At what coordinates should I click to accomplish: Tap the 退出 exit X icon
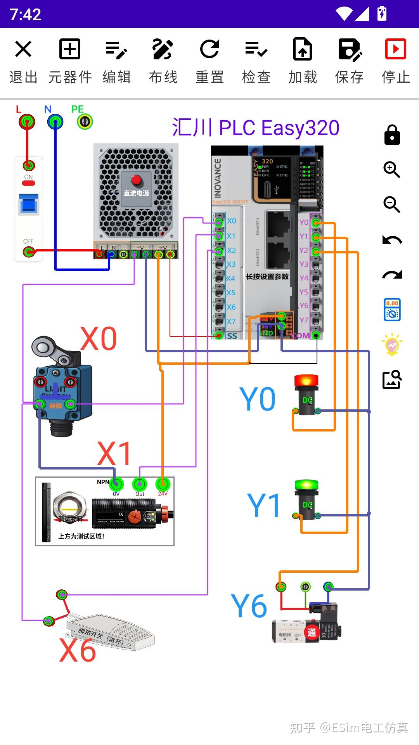(23, 49)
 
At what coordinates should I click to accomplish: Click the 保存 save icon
(349, 49)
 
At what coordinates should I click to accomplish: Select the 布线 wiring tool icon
(163, 49)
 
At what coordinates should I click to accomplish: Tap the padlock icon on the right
(392, 135)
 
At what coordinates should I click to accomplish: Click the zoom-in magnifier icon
(392, 170)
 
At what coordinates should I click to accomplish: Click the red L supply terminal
(27, 122)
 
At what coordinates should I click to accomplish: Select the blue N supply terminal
(55, 122)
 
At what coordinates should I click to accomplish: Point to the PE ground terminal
(85, 122)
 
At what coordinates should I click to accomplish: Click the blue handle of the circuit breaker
(29, 204)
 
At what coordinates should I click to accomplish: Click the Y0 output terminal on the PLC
(316, 223)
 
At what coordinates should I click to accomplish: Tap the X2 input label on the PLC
(232, 250)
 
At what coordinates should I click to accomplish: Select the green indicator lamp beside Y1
(306, 499)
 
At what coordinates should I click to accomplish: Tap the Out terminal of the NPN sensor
(140, 484)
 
